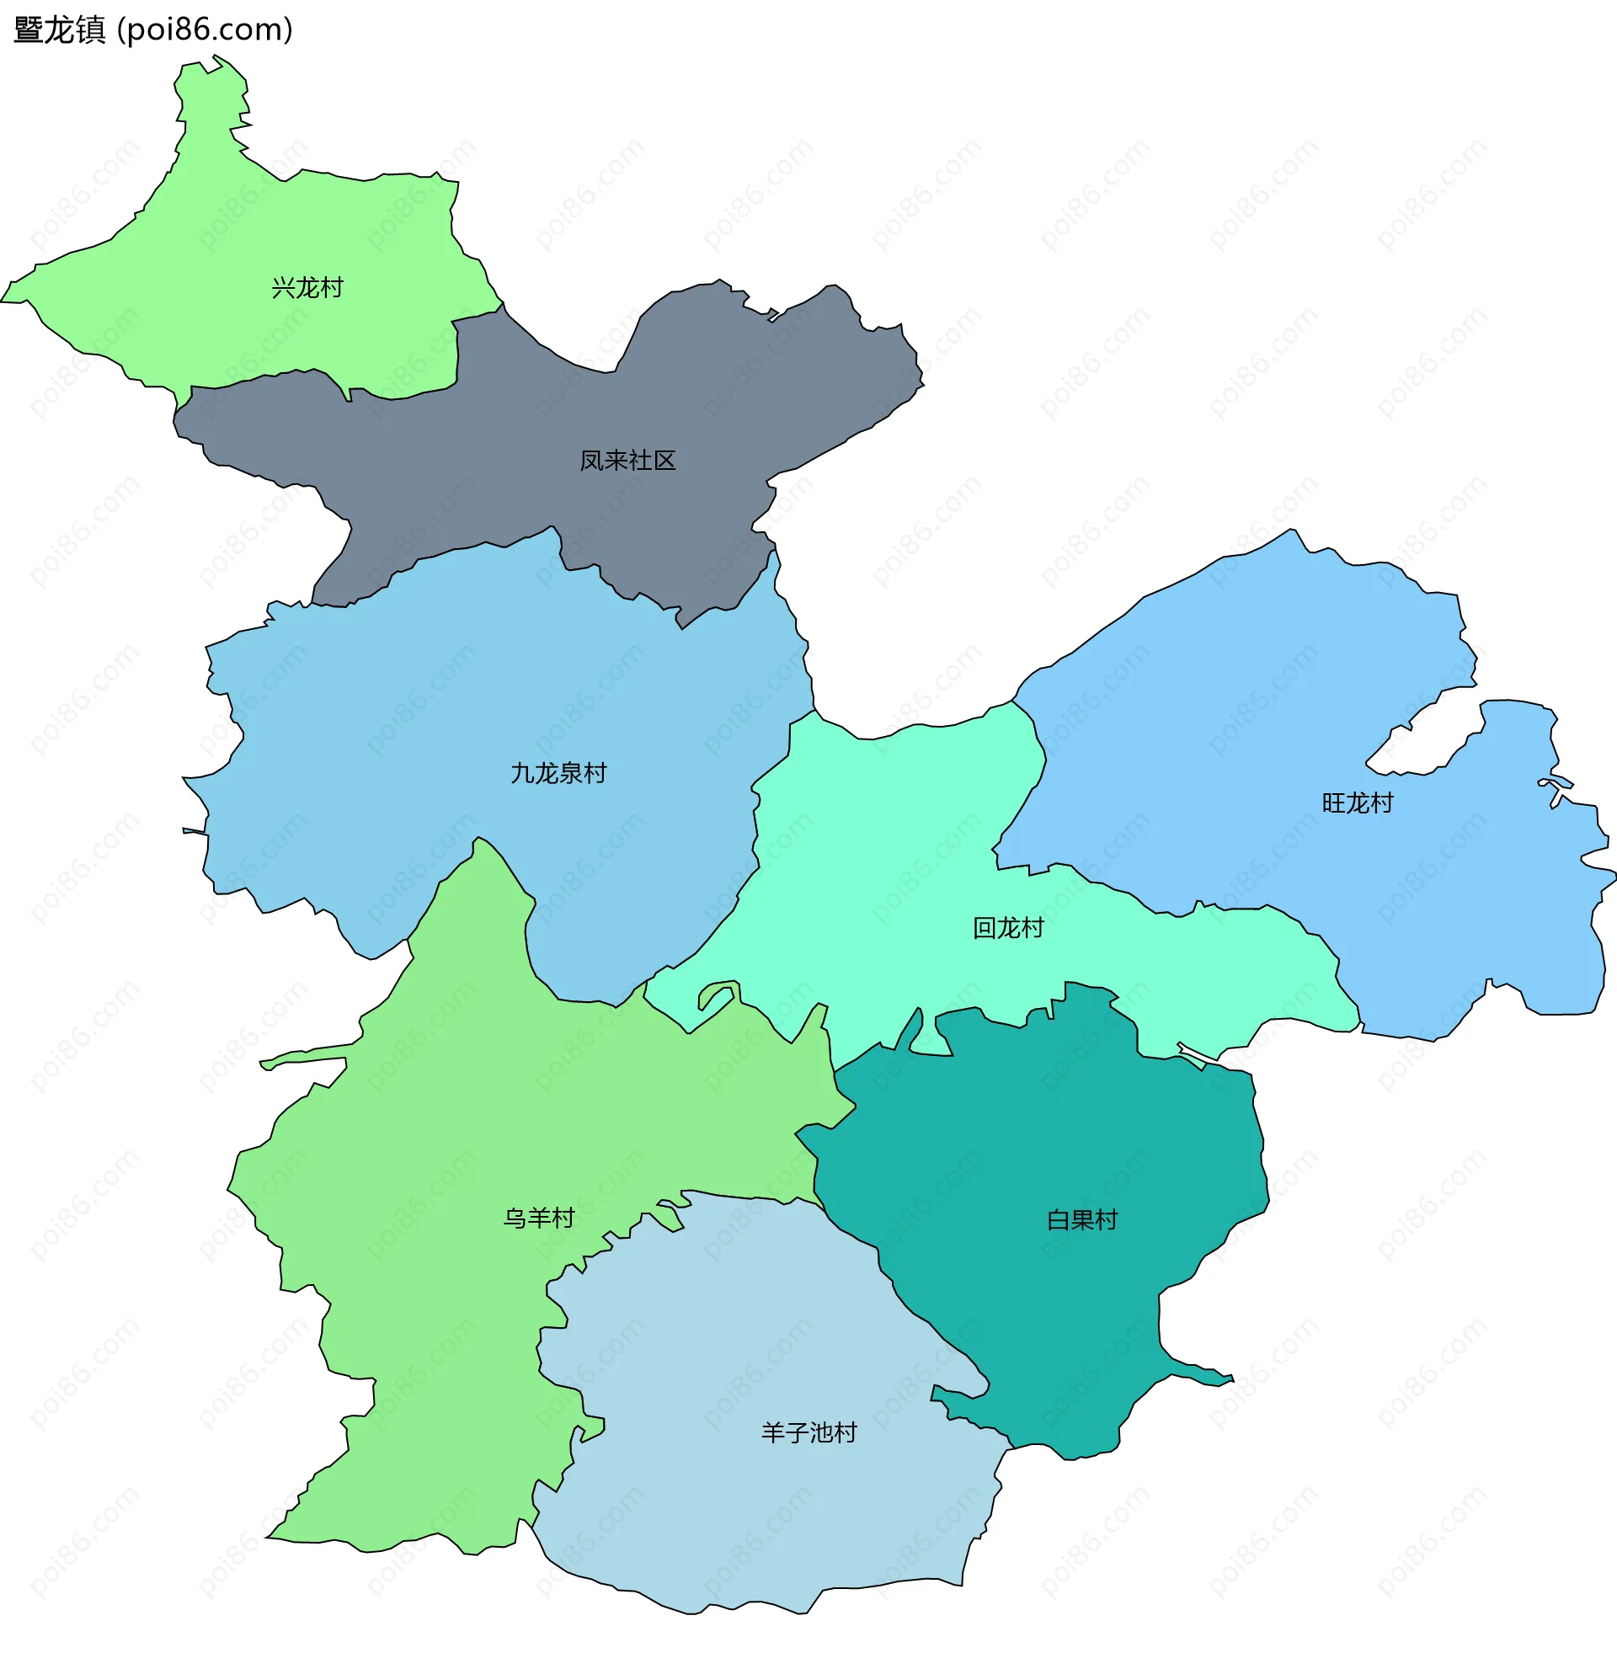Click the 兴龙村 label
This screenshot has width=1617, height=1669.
[307, 288]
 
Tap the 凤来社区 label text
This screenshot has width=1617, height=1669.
[627, 461]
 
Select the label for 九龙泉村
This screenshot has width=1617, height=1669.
[558, 773]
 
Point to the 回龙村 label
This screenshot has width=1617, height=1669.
[1008, 928]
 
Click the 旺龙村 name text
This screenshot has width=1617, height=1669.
[1358, 803]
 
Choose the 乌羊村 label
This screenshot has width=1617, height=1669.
[539, 1218]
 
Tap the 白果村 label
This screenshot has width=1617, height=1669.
[1081, 1220]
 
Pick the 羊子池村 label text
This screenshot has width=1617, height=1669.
[809, 1433]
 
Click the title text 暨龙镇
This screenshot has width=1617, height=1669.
[60, 30]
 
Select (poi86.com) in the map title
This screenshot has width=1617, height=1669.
[205, 30]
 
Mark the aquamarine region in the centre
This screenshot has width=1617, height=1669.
[894, 851]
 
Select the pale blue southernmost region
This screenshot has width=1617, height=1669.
[750, 1516]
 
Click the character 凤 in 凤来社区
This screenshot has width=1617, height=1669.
[592, 461]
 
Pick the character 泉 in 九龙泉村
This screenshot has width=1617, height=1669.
[570, 773]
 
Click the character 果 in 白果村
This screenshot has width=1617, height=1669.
[1081, 1220]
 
